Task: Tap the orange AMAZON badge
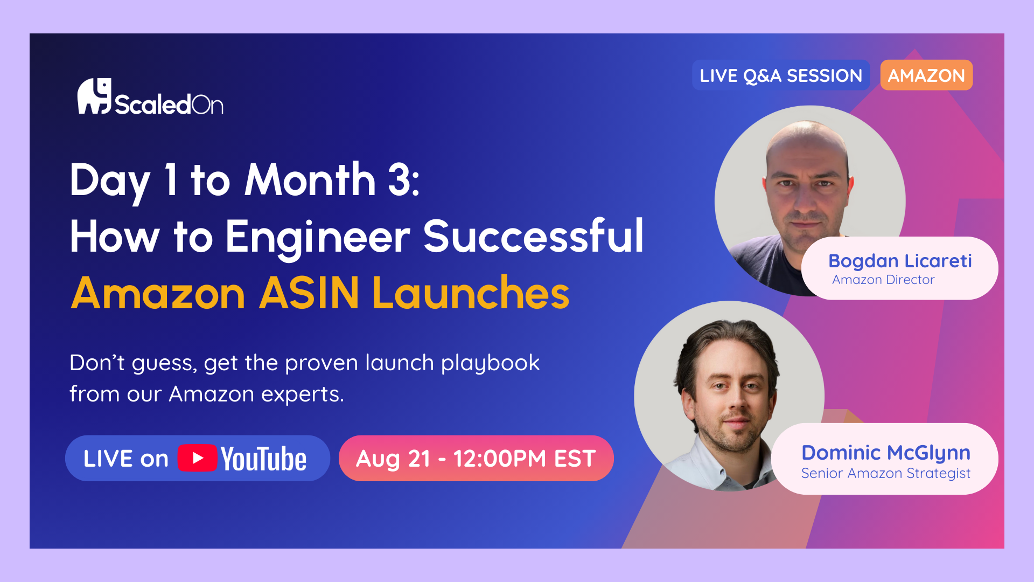pyautogui.click(x=926, y=75)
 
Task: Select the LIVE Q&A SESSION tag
pyautogui.click(x=781, y=75)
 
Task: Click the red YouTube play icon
pyautogui.click(x=198, y=458)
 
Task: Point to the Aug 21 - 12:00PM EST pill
pyautogui.click(x=476, y=458)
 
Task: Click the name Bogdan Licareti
pyautogui.click(x=900, y=261)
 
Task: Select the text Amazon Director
pyautogui.click(x=883, y=280)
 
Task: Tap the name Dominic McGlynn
pyautogui.click(x=886, y=453)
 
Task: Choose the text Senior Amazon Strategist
pyautogui.click(x=886, y=473)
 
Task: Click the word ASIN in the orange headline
pyautogui.click(x=309, y=293)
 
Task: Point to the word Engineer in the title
pyautogui.click(x=318, y=237)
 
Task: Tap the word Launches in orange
pyautogui.click(x=471, y=293)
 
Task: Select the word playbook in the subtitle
pyautogui.click(x=490, y=363)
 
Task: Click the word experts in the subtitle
pyautogui.click(x=302, y=394)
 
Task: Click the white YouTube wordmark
pyautogui.click(x=264, y=459)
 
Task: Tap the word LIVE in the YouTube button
pyautogui.click(x=108, y=459)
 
